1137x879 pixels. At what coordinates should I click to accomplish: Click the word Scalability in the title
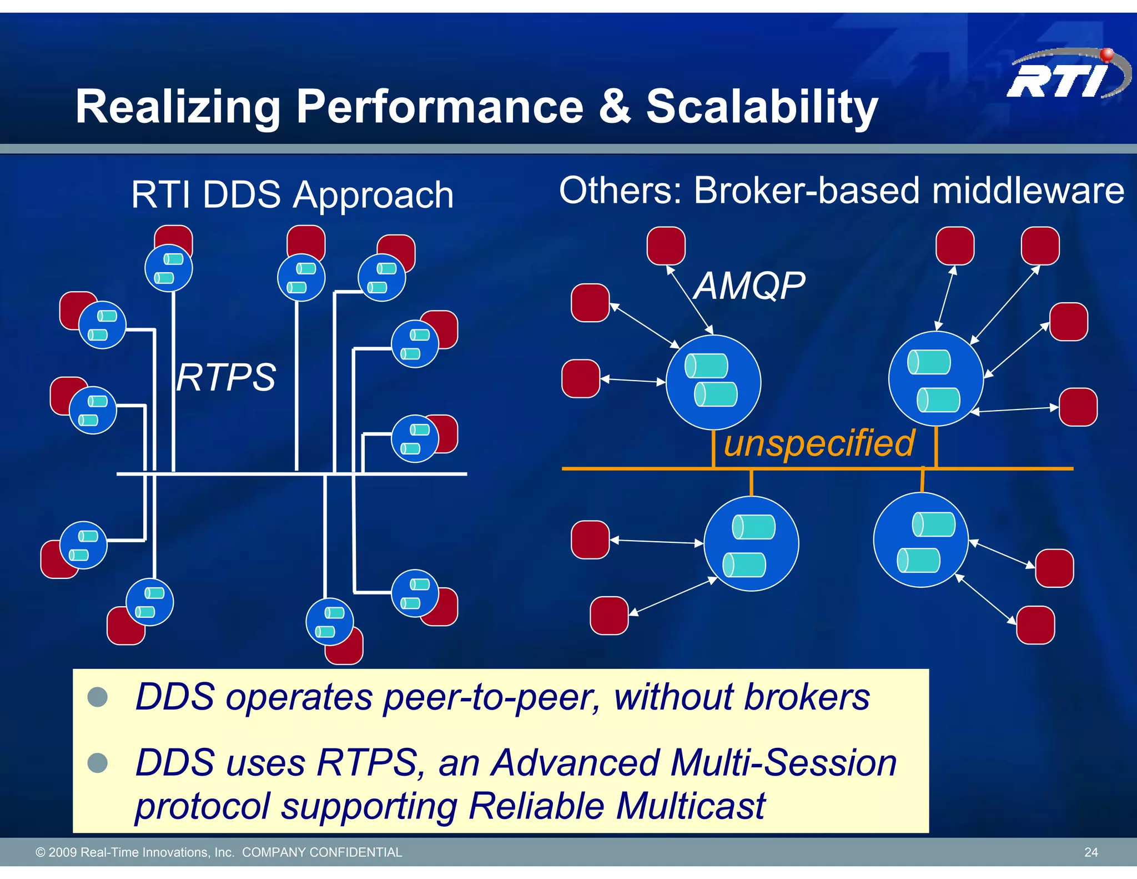pos(762,107)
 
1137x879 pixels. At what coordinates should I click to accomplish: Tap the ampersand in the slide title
pos(615,107)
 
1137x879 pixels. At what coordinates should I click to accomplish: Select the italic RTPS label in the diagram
pos(226,378)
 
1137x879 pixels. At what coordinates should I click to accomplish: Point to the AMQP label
pos(749,286)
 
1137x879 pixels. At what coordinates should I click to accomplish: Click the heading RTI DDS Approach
pos(293,195)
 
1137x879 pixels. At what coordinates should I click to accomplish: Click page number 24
pos(1090,852)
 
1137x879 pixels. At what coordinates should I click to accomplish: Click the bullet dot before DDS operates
pos(98,697)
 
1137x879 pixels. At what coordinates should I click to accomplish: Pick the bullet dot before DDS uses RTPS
pos(98,762)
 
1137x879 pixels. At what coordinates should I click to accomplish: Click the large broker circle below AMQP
pos(713,382)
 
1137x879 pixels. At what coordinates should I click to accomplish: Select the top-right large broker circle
pos(935,378)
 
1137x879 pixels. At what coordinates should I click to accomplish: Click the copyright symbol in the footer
pos(40,852)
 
